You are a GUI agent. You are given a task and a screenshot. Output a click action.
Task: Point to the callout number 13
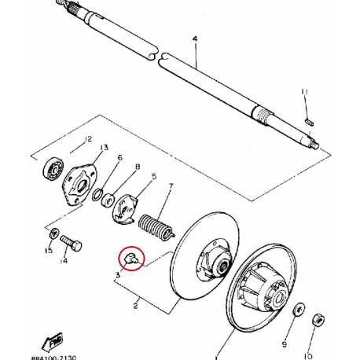point(104,148)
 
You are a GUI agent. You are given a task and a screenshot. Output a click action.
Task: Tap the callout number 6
point(119,158)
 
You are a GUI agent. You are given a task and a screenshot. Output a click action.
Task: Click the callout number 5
point(153,176)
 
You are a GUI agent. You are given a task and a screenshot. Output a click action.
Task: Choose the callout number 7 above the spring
point(170,186)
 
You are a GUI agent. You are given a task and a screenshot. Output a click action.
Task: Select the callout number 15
point(49,251)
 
